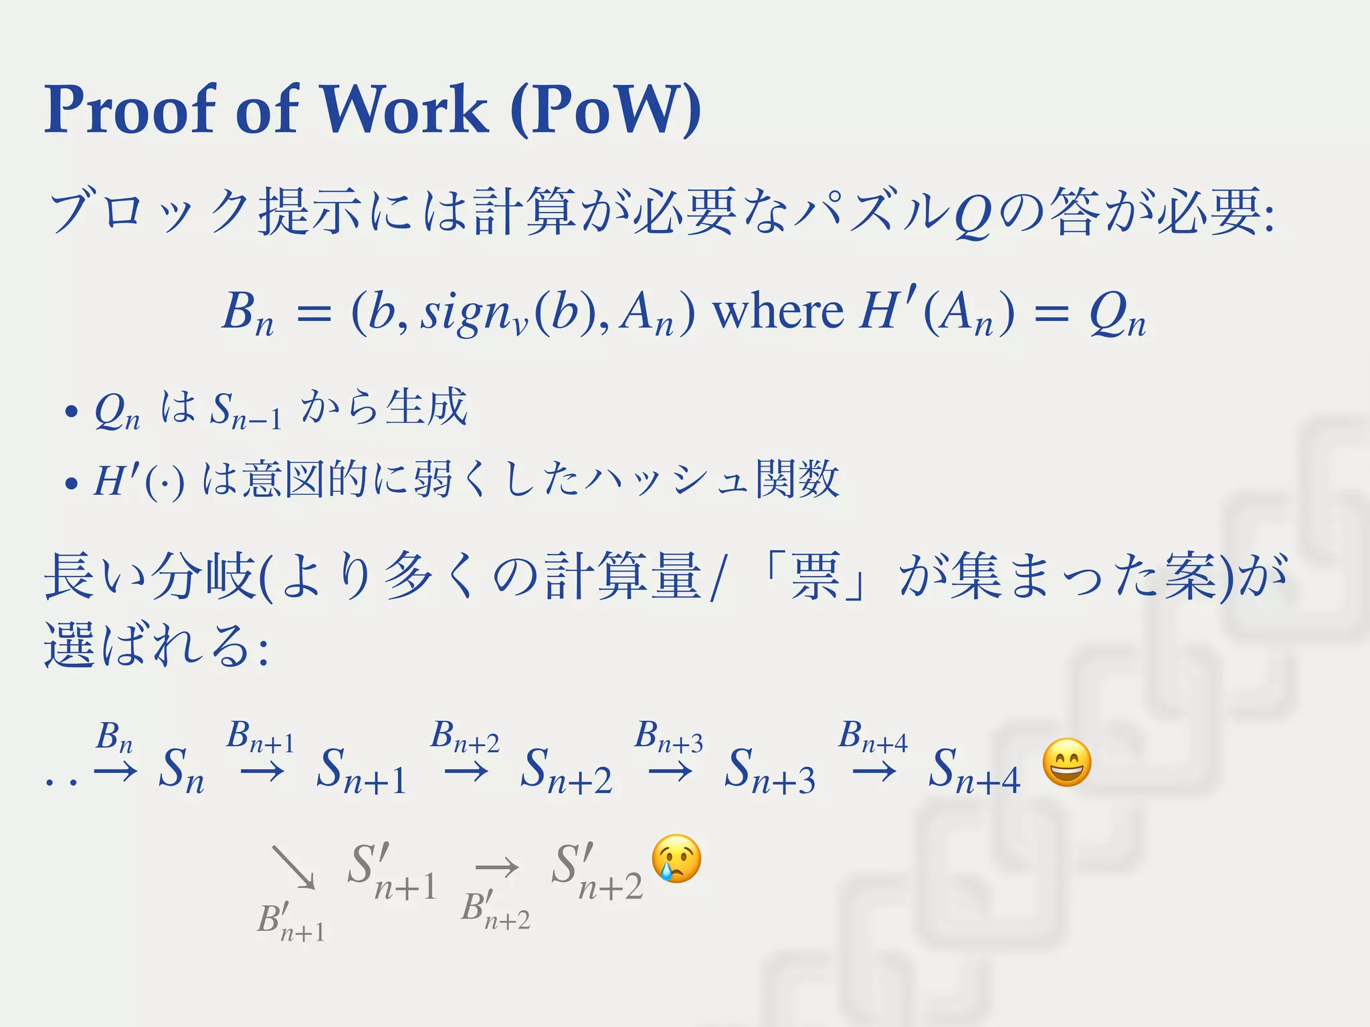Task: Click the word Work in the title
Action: [405, 109]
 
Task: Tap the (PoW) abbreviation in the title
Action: [605, 109]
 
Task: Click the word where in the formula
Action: [777, 312]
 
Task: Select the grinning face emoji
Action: [1067, 763]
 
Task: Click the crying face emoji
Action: [677, 859]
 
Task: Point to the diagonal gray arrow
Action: [293, 867]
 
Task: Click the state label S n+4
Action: [974, 770]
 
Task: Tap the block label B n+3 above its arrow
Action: [669, 736]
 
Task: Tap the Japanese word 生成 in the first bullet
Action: [426, 407]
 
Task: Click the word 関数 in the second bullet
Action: [797, 479]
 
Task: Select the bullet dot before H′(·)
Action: [71, 483]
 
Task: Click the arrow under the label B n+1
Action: [262, 772]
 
